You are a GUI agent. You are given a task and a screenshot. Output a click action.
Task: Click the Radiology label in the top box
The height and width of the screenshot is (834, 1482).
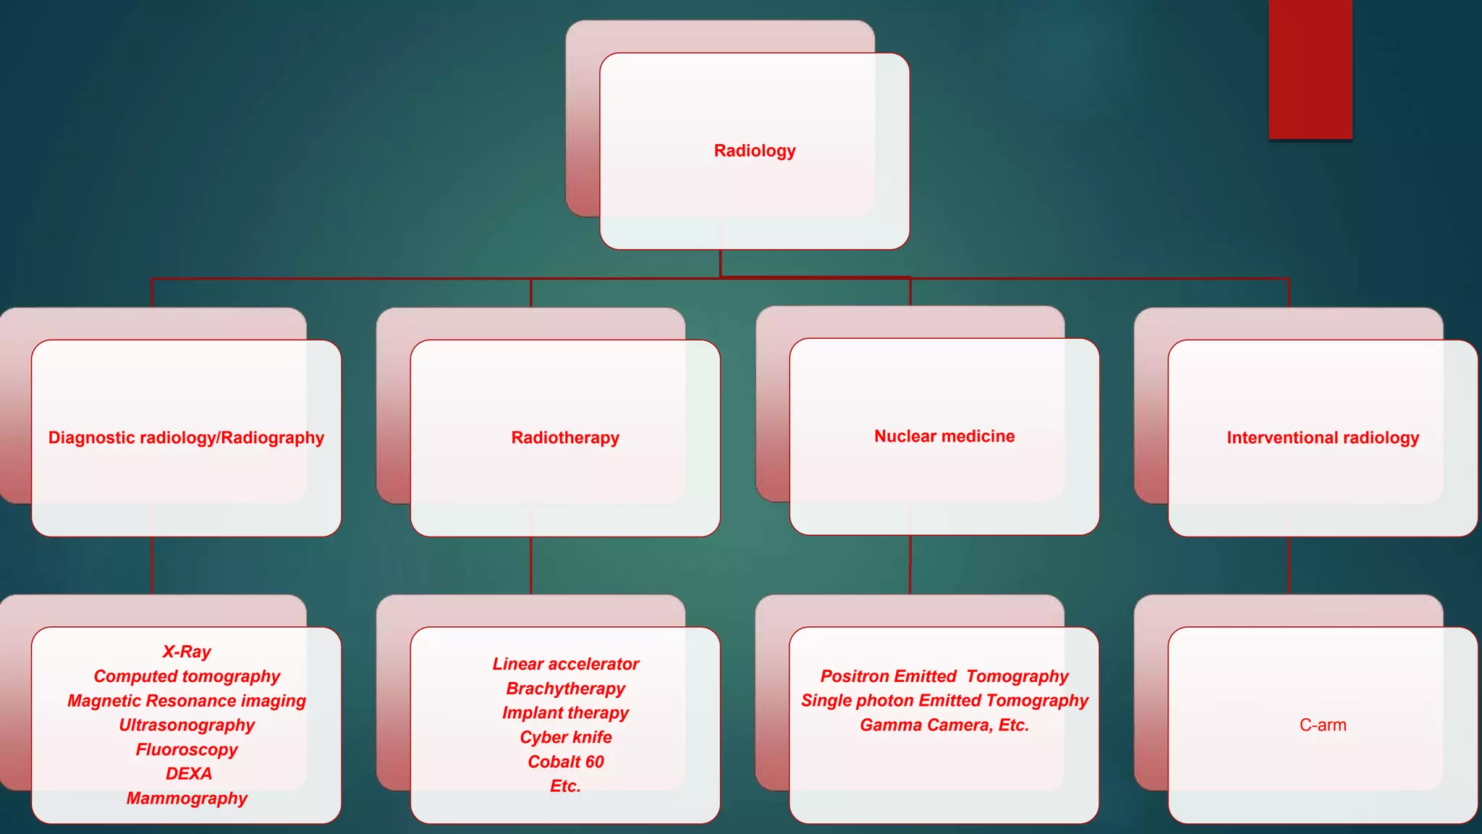tap(754, 151)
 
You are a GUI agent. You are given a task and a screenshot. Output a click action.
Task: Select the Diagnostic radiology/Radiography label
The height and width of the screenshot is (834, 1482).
tap(186, 437)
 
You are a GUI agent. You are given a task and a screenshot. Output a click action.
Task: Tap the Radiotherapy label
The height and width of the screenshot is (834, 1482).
tap(565, 437)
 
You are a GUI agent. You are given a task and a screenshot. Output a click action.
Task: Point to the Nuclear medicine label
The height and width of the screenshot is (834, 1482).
tap(944, 436)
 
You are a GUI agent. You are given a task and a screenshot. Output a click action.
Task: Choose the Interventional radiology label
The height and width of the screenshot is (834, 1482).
tap(1323, 437)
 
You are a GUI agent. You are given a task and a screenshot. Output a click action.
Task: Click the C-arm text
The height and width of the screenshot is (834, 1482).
tap(1323, 725)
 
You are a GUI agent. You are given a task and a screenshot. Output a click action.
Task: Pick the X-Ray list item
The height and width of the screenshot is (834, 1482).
tap(187, 652)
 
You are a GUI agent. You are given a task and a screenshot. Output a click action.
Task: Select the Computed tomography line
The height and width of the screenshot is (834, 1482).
tap(187, 676)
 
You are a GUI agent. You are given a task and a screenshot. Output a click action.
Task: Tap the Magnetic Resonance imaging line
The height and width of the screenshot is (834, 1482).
tap(187, 701)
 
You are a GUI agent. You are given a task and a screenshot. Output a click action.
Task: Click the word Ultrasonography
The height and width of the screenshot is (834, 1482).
tap(187, 725)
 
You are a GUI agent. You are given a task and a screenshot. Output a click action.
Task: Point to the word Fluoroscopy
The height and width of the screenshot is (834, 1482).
tap(187, 749)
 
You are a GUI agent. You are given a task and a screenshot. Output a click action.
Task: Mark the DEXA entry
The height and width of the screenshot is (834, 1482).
tap(188, 774)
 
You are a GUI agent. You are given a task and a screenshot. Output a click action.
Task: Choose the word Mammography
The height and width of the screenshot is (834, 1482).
tap(187, 798)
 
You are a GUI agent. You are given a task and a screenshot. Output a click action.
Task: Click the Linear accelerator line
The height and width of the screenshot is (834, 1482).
tap(566, 664)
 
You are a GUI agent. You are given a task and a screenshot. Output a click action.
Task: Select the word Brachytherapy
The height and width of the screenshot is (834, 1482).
tap(566, 688)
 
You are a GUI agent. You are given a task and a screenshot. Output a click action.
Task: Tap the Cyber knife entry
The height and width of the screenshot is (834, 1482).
tap(566, 737)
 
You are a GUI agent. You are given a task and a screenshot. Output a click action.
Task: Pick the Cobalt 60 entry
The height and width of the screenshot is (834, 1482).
tap(566, 762)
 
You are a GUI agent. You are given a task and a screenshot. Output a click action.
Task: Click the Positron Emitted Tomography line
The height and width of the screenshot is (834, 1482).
tap(944, 676)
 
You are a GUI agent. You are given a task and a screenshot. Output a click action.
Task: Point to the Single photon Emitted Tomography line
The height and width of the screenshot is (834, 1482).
tap(944, 701)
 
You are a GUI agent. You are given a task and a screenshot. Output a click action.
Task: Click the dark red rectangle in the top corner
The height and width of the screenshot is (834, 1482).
tap(1310, 69)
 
